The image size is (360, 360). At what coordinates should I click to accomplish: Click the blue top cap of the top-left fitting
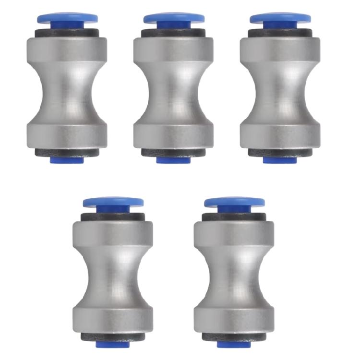click(67, 18)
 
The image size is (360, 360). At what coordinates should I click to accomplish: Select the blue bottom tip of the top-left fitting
click(67, 160)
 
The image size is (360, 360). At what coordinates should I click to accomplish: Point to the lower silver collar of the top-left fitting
click(67, 135)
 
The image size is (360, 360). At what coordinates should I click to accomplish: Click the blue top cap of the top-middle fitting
click(173, 18)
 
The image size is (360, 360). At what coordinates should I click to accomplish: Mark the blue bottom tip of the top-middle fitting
click(173, 160)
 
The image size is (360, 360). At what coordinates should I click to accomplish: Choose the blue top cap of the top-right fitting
click(280, 18)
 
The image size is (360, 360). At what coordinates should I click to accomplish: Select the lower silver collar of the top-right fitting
click(280, 135)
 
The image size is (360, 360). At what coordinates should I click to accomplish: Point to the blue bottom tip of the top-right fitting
click(280, 160)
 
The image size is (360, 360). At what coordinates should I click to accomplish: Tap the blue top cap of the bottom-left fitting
click(113, 202)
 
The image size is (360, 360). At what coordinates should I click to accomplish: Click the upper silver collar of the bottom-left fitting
click(113, 233)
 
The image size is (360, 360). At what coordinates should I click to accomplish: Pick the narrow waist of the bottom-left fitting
click(113, 276)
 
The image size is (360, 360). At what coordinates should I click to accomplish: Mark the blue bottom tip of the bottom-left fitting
click(113, 344)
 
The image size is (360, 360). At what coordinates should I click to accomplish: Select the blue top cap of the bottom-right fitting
click(234, 202)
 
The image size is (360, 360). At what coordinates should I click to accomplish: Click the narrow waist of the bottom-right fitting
click(234, 276)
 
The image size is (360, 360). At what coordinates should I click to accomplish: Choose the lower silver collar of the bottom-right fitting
click(234, 319)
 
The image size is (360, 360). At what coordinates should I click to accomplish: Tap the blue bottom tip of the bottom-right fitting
click(234, 344)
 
